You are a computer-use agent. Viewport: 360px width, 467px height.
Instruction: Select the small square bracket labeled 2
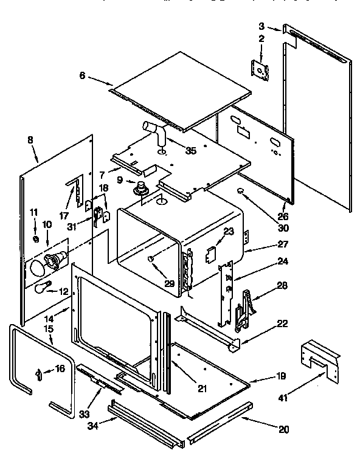click(x=260, y=70)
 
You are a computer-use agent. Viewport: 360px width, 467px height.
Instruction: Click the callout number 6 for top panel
click(x=83, y=76)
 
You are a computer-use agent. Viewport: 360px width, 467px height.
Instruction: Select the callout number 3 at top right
click(x=261, y=26)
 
